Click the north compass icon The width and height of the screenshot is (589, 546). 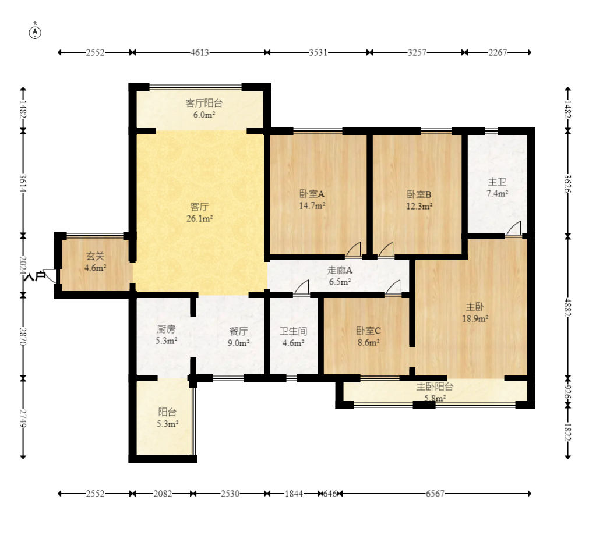coord(35,32)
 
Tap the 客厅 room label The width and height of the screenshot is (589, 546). coord(199,207)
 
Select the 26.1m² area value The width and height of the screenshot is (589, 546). coord(200,218)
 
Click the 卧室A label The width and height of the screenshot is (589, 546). coord(312,194)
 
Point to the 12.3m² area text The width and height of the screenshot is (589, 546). coord(419,207)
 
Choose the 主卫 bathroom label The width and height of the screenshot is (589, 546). coord(498,182)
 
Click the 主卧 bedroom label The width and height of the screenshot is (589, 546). coord(475,307)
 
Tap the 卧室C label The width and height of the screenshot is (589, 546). coord(369,331)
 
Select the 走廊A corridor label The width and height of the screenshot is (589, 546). coord(340,270)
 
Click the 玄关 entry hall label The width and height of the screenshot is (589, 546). coord(95,256)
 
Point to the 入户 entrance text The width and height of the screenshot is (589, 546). coord(34,276)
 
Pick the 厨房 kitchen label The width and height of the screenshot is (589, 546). coord(166,329)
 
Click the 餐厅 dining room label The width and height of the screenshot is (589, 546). coord(238,331)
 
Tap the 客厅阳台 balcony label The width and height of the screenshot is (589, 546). coord(204,103)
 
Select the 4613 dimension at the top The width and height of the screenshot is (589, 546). coord(199,52)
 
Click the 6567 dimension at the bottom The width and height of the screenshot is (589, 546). coord(435,494)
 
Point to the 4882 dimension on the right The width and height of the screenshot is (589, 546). coord(567,307)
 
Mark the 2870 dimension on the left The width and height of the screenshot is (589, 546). coord(23,336)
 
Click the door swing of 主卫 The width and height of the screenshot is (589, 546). coord(514,229)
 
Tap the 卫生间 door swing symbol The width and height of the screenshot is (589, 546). coord(302,287)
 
